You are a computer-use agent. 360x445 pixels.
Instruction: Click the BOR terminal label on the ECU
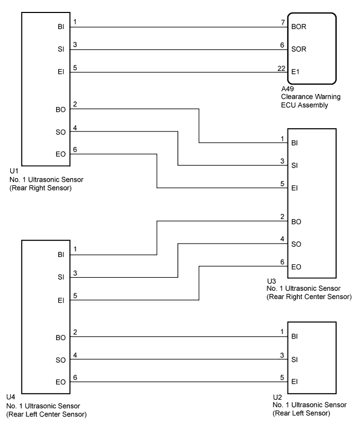point(299,26)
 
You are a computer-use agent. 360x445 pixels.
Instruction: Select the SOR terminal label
point(299,49)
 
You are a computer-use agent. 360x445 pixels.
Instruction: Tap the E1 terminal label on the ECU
point(295,72)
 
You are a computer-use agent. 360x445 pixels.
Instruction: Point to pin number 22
point(282,69)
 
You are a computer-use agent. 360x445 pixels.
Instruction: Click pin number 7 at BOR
point(283,22)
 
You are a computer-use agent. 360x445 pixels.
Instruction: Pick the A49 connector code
point(288,89)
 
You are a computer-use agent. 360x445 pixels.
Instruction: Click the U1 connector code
point(14,171)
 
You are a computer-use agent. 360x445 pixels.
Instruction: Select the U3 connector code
point(271,281)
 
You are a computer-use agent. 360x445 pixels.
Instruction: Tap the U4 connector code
point(11,397)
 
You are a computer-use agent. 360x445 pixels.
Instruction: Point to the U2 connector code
point(277,397)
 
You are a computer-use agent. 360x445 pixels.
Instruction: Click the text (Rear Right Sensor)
point(41,188)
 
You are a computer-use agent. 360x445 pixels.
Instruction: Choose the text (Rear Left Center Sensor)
point(47,414)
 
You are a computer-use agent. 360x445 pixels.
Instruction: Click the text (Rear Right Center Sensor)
point(309,297)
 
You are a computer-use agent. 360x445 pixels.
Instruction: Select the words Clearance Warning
point(311,97)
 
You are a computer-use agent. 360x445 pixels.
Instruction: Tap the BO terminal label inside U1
point(61,110)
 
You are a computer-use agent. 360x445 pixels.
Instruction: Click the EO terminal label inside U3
point(296,267)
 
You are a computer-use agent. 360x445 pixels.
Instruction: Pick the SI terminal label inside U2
point(295,359)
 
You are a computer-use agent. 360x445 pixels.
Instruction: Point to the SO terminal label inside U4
point(61,360)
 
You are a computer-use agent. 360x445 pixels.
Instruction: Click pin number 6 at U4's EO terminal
point(75,377)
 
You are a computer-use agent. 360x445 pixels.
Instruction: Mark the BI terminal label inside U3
point(295,143)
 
